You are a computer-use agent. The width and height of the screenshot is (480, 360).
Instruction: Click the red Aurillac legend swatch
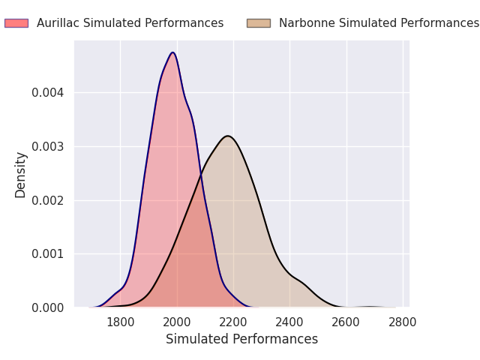click(x=16, y=23)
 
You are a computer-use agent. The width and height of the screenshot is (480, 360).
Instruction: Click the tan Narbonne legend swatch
click(x=259, y=23)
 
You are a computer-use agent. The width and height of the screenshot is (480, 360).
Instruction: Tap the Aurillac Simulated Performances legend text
click(x=130, y=23)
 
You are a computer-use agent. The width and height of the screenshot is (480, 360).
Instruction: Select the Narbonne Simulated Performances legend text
click(x=379, y=23)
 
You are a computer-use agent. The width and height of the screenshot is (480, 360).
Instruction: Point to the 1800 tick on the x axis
click(x=120, y=322)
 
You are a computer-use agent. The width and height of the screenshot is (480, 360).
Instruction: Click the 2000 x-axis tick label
click(x=177, y=322)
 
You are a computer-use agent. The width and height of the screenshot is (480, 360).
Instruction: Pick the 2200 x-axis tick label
click(x=233, y=322)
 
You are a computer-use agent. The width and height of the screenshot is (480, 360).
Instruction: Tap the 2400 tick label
click(x=289, y=322)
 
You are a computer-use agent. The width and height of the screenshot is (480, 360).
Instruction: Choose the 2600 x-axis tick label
click(x=346, y=322)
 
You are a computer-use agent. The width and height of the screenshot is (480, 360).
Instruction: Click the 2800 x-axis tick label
click(x=403, y=322)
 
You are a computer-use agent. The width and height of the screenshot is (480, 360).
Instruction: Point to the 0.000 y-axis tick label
click(x=48, y=308)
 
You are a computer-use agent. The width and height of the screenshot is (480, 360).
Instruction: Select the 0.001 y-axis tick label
click(x=48, y=254)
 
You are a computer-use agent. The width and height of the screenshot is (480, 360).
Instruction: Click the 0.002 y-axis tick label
click(x=48, y=201)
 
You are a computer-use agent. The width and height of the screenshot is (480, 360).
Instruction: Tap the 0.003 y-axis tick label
click(x=48, y=147)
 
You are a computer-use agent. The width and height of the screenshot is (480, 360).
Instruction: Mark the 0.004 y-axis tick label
click(x=48, y=92)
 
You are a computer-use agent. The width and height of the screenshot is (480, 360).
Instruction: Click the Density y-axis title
click(x=20, y=175)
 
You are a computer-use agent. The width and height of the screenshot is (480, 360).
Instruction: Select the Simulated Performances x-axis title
click(x=241, y=339)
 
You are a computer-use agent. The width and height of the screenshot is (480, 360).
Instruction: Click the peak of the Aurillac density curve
click(x=173, y=52)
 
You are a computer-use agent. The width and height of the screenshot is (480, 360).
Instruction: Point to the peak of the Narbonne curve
click(x=228, y=136)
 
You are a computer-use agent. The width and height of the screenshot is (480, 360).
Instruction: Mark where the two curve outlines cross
click(x=201, y=175)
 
